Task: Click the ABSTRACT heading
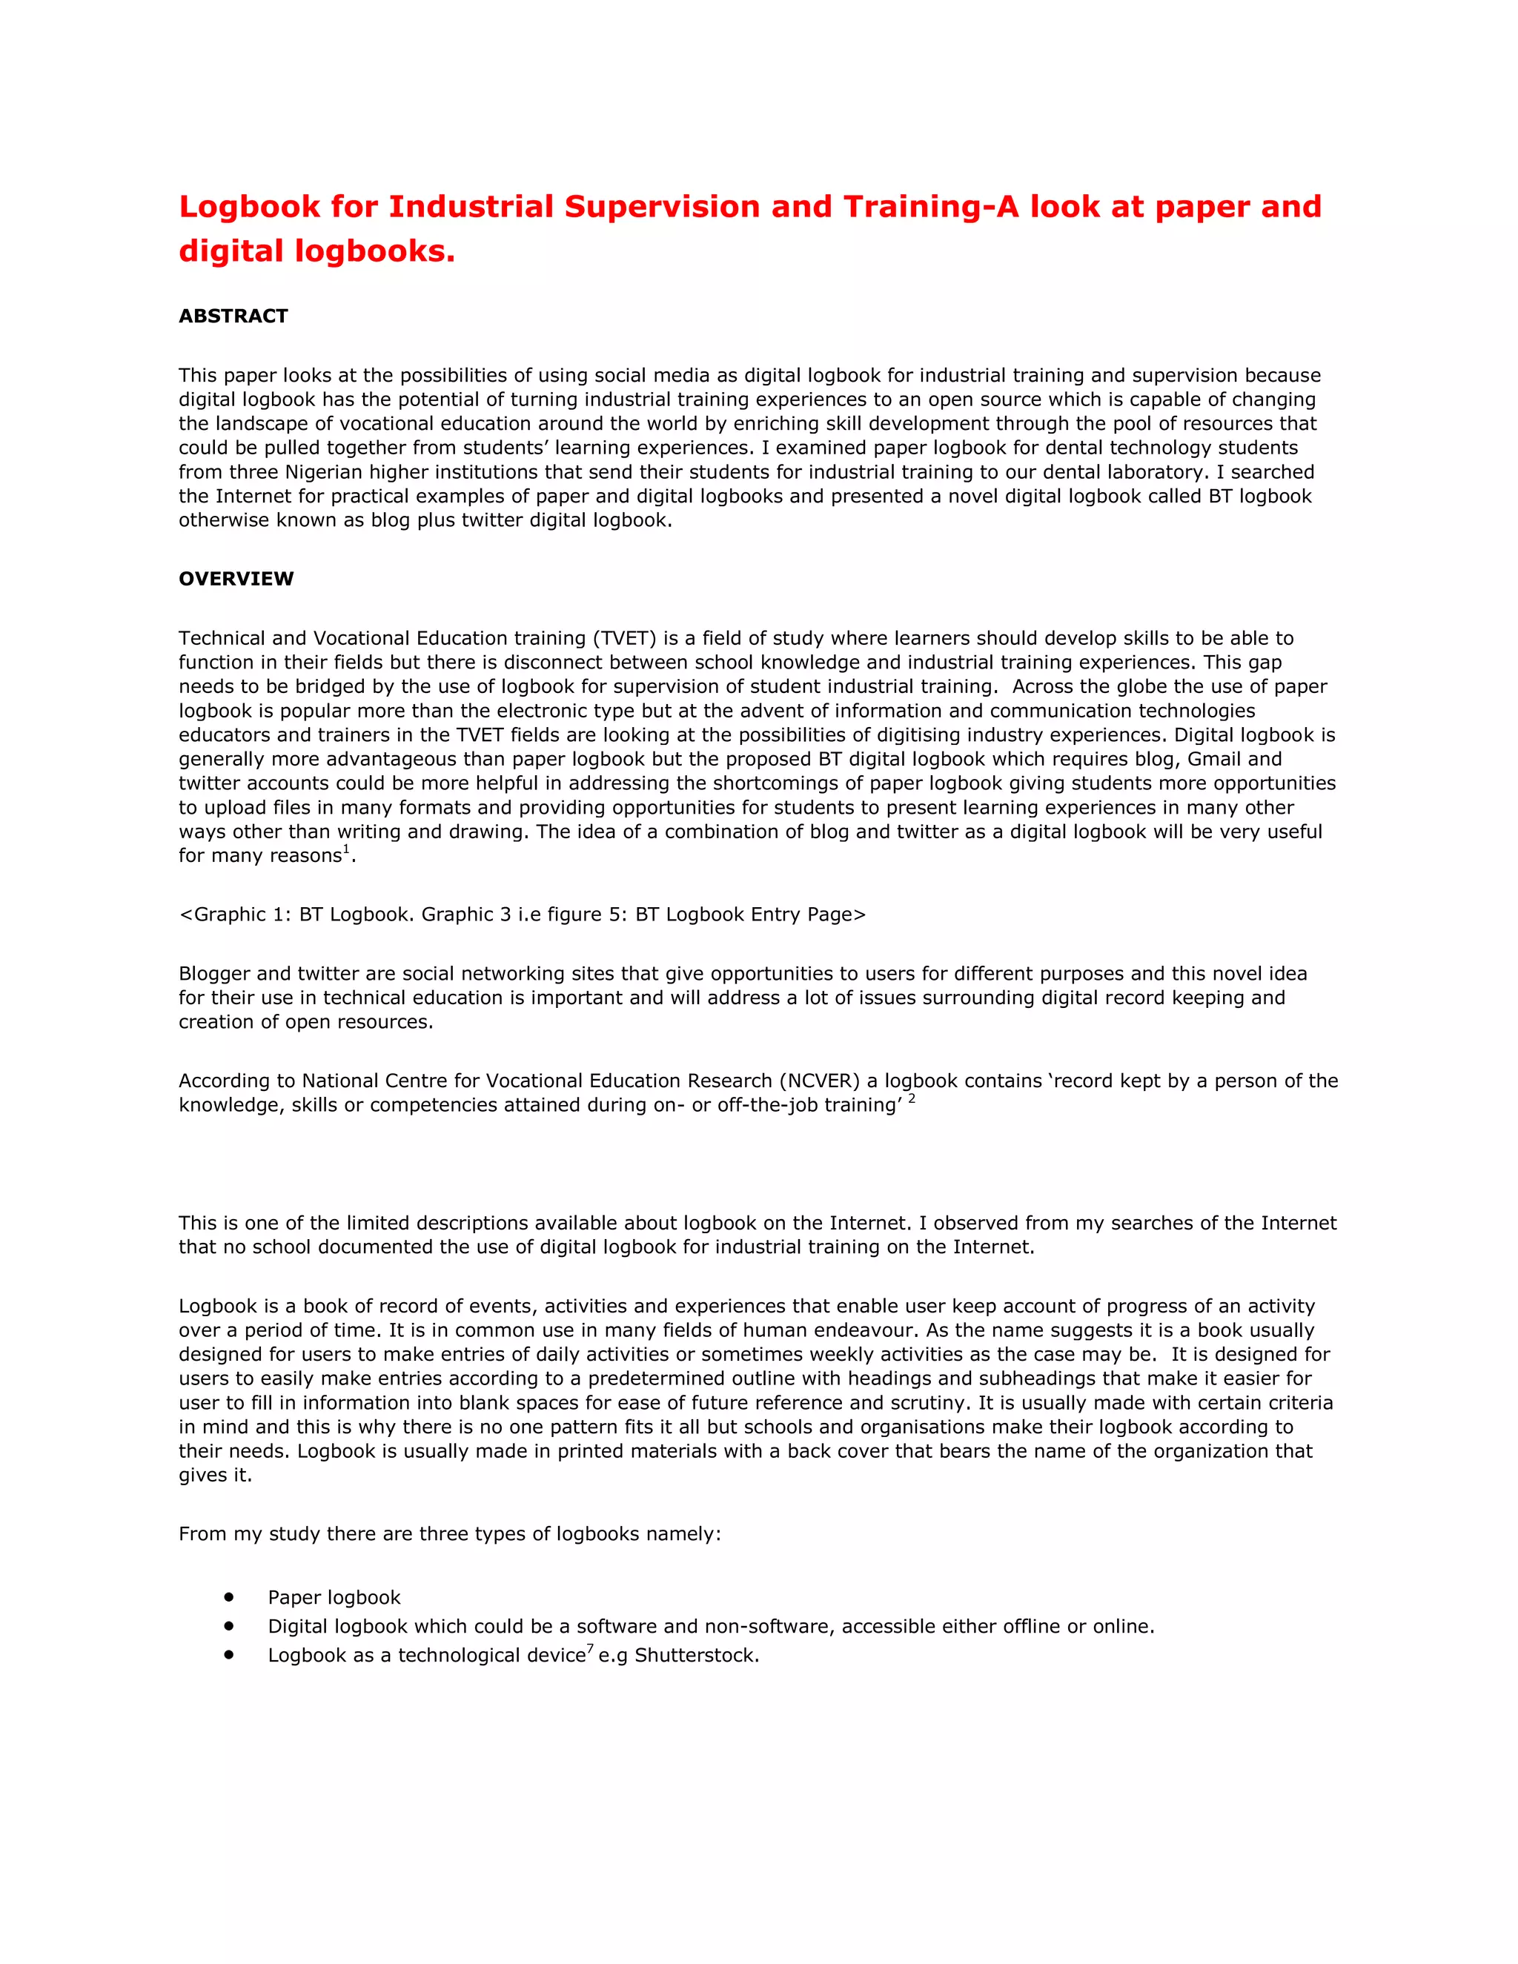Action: coord(233,316)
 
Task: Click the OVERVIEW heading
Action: coord(236,578)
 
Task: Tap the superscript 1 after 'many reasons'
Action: coord(346,849)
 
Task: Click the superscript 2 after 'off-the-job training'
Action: coord(912,1098)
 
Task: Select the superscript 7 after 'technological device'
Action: coord(590,1648)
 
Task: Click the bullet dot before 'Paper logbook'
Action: coord(229,1597)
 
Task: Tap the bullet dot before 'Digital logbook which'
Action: coord(229,1626)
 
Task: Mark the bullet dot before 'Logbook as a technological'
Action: coord(229,1655)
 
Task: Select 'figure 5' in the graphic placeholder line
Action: coord(578,915)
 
